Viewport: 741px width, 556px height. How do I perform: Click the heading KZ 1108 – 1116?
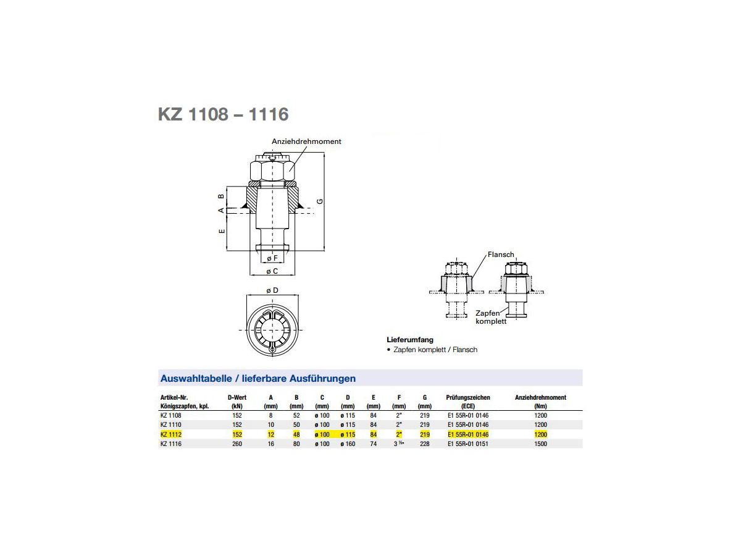(x=223, y=114)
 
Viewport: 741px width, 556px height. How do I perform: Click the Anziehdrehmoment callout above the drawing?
(x=306, y=141)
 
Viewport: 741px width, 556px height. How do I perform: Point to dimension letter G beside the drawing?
(x=320, y=201)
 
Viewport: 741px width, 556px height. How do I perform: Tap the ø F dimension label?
(x=272, y=258)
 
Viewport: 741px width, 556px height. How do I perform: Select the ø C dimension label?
(x=272, y=271)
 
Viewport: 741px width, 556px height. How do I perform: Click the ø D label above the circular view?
(x=272, y=290)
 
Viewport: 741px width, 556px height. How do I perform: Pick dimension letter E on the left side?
(x=222, y=231)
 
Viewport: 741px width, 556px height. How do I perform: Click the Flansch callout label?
(x=501, y=255)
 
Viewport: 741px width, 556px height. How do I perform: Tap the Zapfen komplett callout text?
(x=491, y=317)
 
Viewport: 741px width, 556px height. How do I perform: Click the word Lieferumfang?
(x=410, y=340)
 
